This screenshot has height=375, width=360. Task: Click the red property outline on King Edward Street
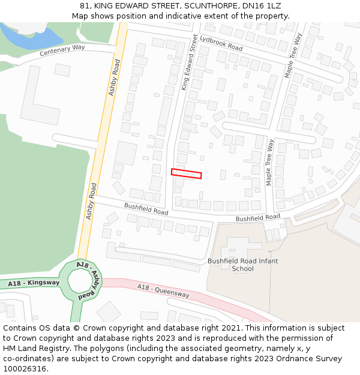click(186, 173)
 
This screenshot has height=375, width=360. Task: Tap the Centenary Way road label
click(62, 50)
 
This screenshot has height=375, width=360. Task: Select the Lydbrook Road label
click(221, 43)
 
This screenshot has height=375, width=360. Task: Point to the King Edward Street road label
click(190, 62)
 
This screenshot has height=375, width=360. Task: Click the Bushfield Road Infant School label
click(242, 265)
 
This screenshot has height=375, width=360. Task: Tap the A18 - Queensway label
click(163, 291)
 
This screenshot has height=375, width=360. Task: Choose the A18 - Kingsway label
click(34, 282)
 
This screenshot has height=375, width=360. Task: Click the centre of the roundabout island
click(79, 280)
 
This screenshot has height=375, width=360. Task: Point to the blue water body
click(24, 37)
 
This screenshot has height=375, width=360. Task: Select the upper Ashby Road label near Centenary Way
click(114, 77)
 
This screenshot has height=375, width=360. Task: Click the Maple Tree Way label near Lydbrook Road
click(292, 55)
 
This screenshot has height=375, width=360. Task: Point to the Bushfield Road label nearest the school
click(257, 217)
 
